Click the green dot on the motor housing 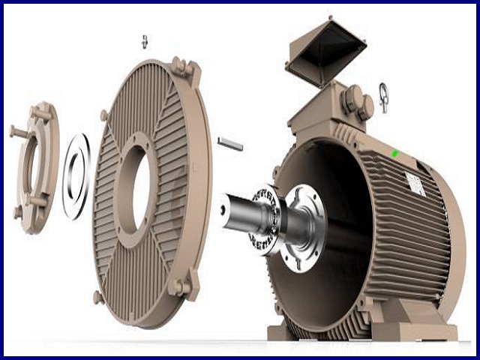pos(394,154)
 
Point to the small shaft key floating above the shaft pos(229,142)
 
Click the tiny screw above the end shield pos(145,40)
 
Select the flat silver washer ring pos(76,176)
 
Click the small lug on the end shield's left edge pos(103,115)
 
